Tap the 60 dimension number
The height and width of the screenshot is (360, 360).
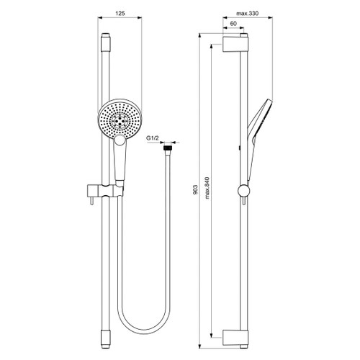click(234, 24)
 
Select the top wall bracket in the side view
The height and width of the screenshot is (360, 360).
click(235, 45)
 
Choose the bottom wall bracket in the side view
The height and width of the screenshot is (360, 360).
click(235, 336)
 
